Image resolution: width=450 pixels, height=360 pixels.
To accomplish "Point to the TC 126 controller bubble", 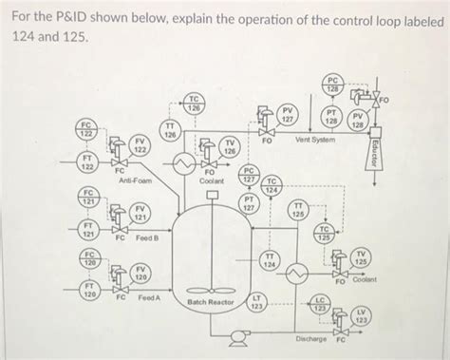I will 193,104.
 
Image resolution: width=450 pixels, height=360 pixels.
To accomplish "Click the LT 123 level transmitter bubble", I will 256,303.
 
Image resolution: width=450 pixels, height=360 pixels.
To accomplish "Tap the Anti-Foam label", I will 133,180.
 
